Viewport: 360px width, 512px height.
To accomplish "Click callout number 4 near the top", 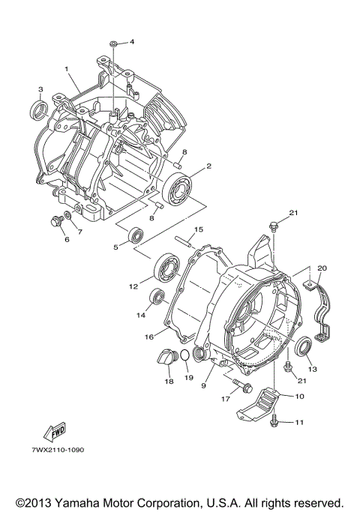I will [x=132, y=41].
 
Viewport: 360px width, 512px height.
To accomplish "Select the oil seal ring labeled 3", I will [x=37, y=112].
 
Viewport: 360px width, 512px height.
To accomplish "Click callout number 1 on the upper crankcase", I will [x=67, y=69].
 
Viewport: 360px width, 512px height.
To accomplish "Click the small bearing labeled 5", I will [x=136, y=233].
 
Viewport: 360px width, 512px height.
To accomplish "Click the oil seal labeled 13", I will [x=304, y=348].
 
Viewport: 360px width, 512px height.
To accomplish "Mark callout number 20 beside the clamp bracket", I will [x=321, y=268].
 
